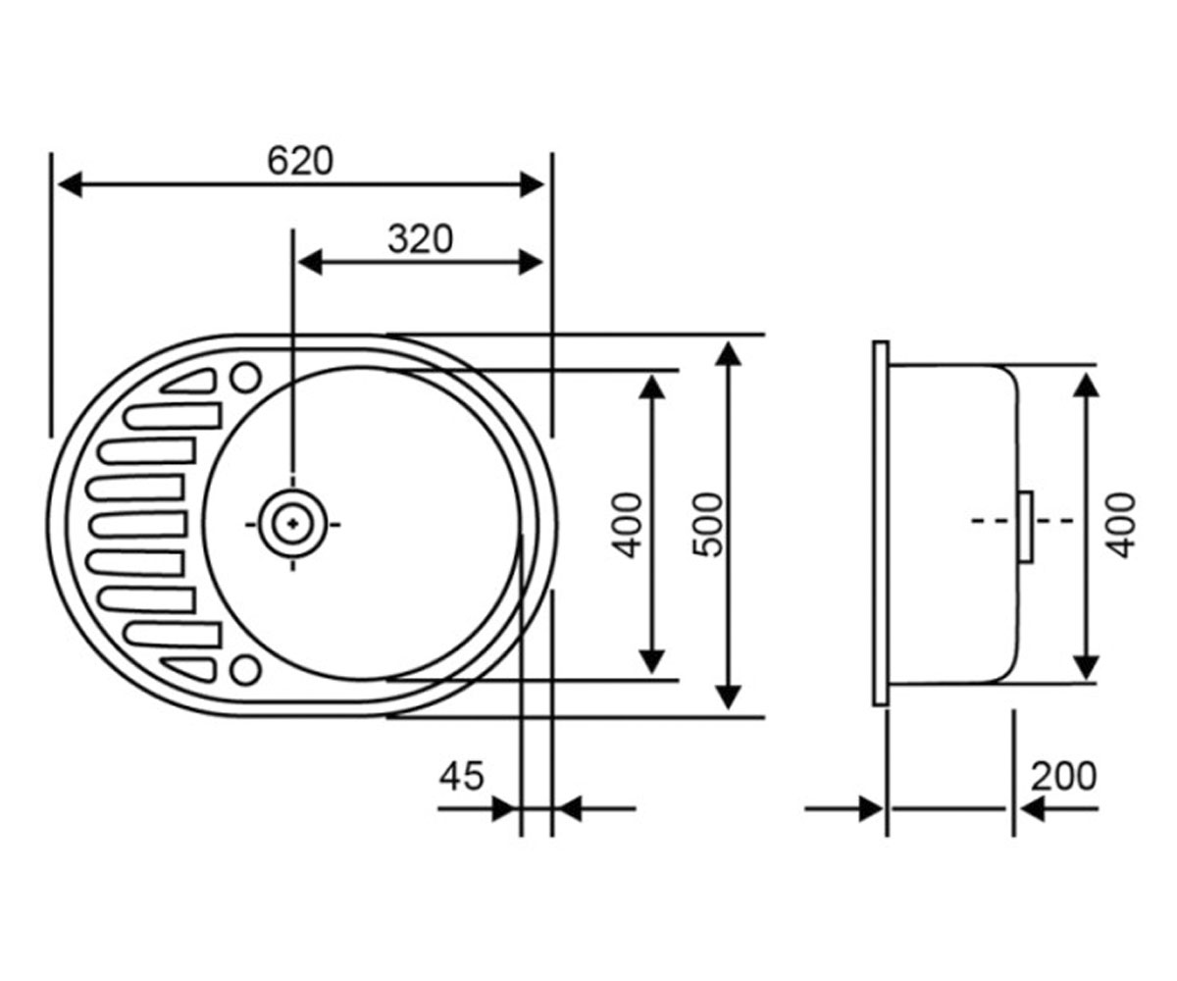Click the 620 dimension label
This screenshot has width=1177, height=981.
coord(300,161)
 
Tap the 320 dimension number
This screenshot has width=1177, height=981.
coord(420,238)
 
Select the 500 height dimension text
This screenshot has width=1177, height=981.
coord(708,526)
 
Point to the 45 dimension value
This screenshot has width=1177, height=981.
coord(461,776)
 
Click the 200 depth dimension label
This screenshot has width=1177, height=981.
coord(1063,776)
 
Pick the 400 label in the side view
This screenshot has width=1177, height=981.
coord(1121,526)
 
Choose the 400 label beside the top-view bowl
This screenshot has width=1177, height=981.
coord(627,526)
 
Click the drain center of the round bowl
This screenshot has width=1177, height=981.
coord(292,524)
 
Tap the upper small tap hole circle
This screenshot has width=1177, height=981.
coord(246,377)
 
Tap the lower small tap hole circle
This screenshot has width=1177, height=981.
coord(246,670)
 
